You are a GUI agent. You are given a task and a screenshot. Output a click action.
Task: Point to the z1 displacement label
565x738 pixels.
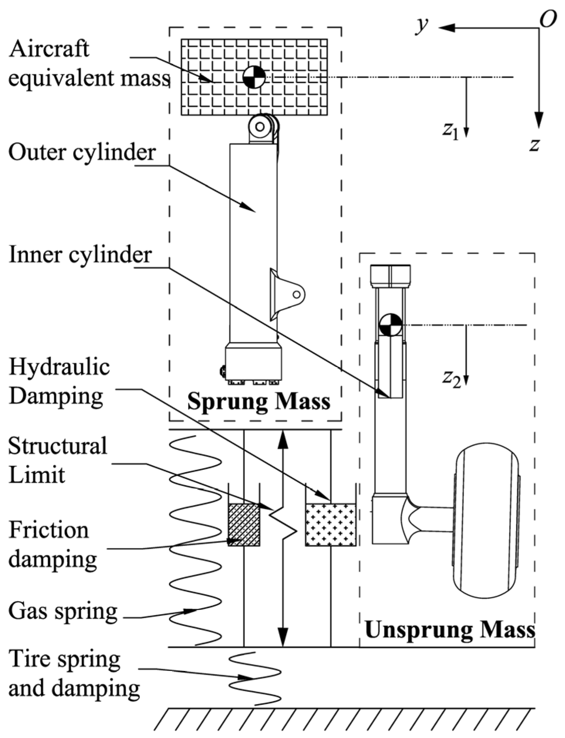point(450,131)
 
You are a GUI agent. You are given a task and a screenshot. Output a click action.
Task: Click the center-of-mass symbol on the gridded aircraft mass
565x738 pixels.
point(254,77)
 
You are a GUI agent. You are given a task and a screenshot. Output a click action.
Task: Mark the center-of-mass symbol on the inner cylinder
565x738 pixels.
point(390,325)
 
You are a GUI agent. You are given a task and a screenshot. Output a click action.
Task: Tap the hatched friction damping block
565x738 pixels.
point(244,524)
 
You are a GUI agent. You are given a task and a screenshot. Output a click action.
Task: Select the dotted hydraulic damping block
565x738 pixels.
point(331,524)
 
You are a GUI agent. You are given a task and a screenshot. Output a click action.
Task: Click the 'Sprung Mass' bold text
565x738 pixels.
point(259,402)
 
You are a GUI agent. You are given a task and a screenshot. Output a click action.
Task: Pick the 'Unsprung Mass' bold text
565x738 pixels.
point(450,630)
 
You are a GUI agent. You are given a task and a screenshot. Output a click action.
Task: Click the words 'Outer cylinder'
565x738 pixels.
point(82,153)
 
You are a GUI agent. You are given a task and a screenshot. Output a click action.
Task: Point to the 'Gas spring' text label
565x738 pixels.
point(63,611)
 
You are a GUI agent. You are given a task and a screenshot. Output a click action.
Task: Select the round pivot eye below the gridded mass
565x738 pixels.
point(260,126)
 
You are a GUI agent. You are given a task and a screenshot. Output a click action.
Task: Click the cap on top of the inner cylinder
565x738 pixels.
point(390,276)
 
